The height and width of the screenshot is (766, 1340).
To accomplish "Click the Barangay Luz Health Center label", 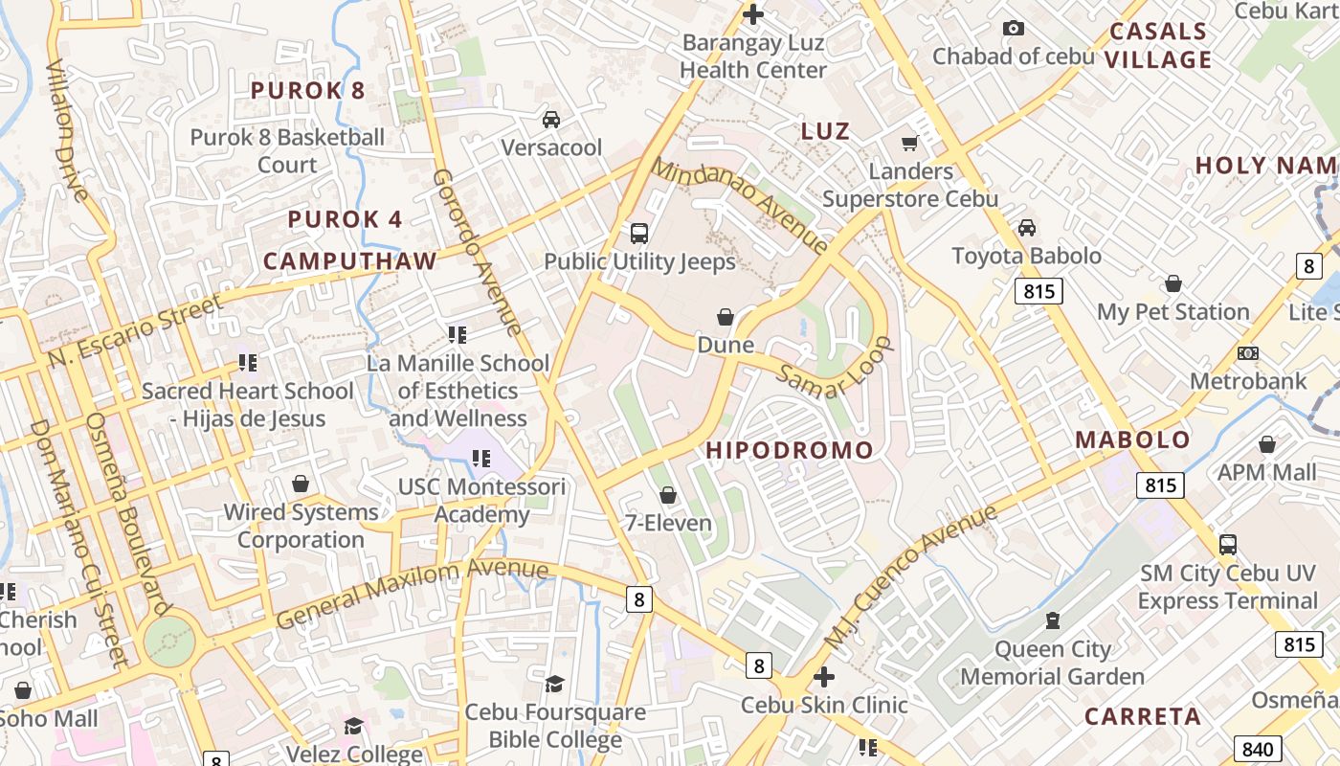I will [753, 56].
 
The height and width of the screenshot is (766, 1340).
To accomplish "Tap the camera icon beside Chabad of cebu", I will [1013, 29].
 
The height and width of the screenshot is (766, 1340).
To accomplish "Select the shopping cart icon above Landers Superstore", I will [909, 144].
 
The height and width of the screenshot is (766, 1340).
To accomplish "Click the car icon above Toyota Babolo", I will [1026, 228].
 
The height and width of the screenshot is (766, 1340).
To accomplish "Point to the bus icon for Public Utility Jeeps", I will [639, 233].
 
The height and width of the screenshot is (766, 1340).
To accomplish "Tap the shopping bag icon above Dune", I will [726, 317].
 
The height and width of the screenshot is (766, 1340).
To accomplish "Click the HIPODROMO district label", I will [790, 450].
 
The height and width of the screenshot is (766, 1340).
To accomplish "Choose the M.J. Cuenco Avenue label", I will [910, 577].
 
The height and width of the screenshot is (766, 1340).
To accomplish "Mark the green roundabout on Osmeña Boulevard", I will [169, 641].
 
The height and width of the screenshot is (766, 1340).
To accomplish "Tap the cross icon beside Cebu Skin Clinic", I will [823, 677].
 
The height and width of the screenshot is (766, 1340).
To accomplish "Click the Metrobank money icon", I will [1247, 353].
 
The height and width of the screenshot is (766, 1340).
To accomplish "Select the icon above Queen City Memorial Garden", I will [1053, 620].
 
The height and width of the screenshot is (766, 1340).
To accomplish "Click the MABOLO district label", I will [1132, 440].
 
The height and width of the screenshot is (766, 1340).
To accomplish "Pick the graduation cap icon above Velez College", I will [353, 726].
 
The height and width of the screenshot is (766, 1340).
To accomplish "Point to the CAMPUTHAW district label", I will [349, 261].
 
